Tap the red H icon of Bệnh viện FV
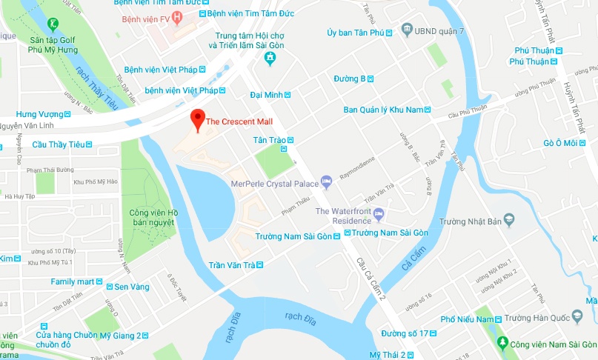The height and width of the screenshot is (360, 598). [176, 16]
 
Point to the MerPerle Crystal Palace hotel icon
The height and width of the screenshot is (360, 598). [326, 181]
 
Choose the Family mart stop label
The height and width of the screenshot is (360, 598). [73, 281]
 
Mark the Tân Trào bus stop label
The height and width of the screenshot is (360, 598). [270, 140]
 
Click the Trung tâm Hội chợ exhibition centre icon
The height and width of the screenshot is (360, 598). [271, 57]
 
